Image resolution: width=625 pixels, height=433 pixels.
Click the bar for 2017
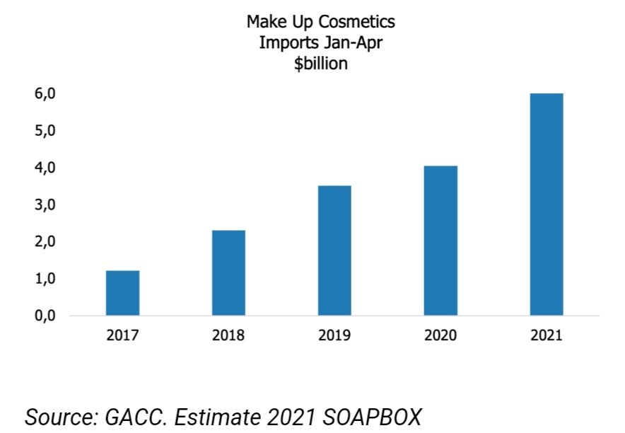click(x=122, y=293)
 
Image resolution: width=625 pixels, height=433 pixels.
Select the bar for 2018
click(x=228, y=273)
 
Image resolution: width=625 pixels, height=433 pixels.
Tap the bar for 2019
click(x=334, y=250)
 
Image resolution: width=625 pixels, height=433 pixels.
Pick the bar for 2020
click(x=440, y=241)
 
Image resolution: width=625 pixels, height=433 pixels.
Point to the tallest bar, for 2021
click(x=547, y=204)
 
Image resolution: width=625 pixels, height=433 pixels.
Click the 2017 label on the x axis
click(x=122, y=335)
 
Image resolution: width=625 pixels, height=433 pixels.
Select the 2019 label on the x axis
click(x=334, y=335)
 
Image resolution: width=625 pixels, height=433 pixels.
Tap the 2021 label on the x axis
click(x=547, y=335)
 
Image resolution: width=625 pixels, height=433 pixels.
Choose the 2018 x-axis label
click(x=228, y=335)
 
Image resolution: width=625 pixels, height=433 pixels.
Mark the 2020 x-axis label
click(x=440, y=335)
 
